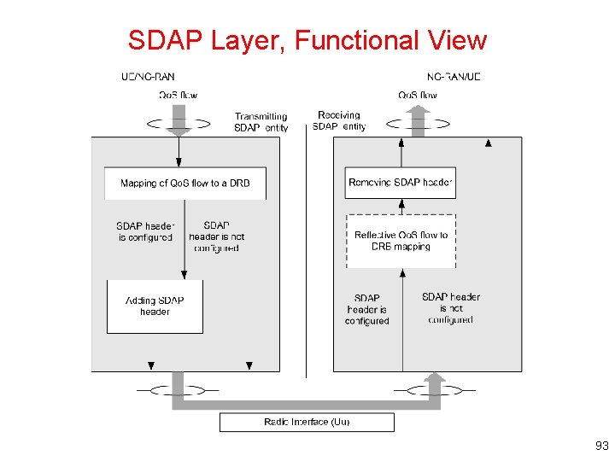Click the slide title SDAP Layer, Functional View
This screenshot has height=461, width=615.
click(x=307, y=40)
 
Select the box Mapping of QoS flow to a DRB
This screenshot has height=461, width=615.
click(x=185, y=184)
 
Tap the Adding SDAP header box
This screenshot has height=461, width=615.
click(x=155, y=306)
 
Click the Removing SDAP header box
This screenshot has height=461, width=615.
click(x=401, y=183)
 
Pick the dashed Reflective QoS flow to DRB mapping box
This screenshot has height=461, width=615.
click(x=401, y=241)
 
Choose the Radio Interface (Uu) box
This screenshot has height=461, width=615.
click(x=307, y=422)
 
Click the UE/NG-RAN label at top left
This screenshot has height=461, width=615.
click(x=148, y=77)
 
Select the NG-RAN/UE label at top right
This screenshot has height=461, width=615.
click(x=454, y=77)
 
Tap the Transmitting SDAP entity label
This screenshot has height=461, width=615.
click(x=261, y=122)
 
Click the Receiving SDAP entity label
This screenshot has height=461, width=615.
click(x=339, y=120)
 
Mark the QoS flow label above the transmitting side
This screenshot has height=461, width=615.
click(x=178, y=95)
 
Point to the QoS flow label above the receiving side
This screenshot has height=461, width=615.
click(x=418, y=95)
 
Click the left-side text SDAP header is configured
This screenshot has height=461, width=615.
click(x=145, y=231)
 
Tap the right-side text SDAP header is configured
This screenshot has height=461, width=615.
click(x=366, y=309)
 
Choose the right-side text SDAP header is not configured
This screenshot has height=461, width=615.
click(x=451, y=308)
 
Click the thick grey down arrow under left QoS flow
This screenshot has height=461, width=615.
click(x=179, y=121)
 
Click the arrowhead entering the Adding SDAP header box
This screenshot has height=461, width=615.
click(x=184, y=275)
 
